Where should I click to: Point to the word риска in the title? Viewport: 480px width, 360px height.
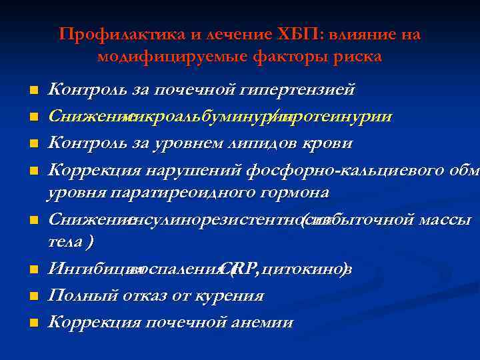pyautogui.click(x=359, y=57)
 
